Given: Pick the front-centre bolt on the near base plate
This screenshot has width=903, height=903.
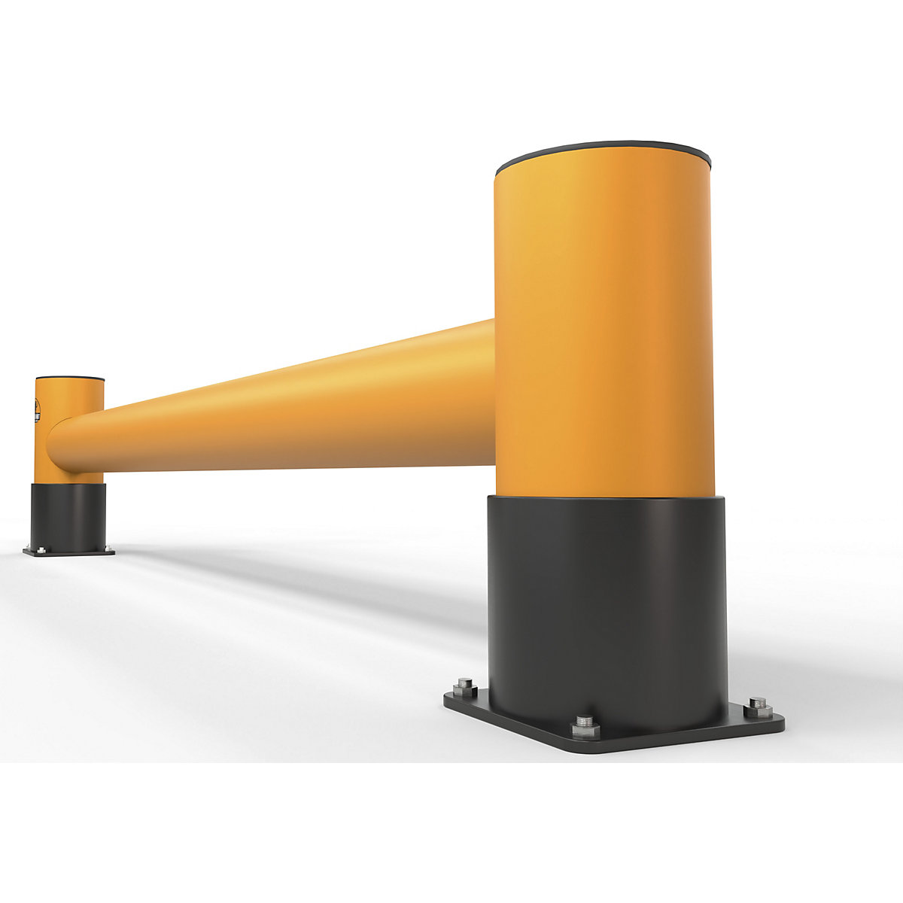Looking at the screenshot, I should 583,726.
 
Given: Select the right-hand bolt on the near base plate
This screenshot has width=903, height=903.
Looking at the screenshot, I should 758,707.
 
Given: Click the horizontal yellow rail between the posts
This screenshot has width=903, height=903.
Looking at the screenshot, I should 301,414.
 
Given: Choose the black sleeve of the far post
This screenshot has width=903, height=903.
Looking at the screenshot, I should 68,515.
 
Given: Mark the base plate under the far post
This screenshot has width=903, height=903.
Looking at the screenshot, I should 68,552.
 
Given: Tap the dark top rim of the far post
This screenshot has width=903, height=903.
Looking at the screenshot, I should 70,378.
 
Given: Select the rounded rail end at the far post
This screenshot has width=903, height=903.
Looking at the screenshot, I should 56,444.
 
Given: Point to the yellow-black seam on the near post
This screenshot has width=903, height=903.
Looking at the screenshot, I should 602,497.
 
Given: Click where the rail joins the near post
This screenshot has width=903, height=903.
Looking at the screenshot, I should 493,391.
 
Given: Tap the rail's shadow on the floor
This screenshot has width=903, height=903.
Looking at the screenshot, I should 301,579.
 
